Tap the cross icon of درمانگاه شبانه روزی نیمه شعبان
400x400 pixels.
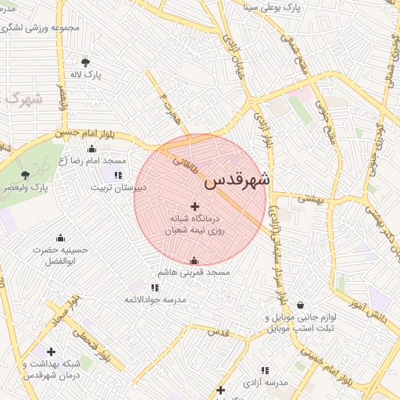[x=194, y=206]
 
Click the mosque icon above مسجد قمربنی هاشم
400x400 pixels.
[x=194, y=260]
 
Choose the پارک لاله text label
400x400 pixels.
[x=86, y=75]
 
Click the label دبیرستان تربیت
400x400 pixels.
[x=118, y=187]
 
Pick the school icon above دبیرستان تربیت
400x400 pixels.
[x=119, y=175]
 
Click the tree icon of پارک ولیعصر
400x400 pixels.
[x=25, y=175]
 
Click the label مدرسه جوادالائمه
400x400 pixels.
[x=155, y=299]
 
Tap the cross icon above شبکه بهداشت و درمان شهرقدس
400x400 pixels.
[x=52, y=352]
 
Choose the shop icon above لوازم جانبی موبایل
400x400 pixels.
[x=300, y=305]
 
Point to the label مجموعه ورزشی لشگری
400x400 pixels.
[x=50, y=28]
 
